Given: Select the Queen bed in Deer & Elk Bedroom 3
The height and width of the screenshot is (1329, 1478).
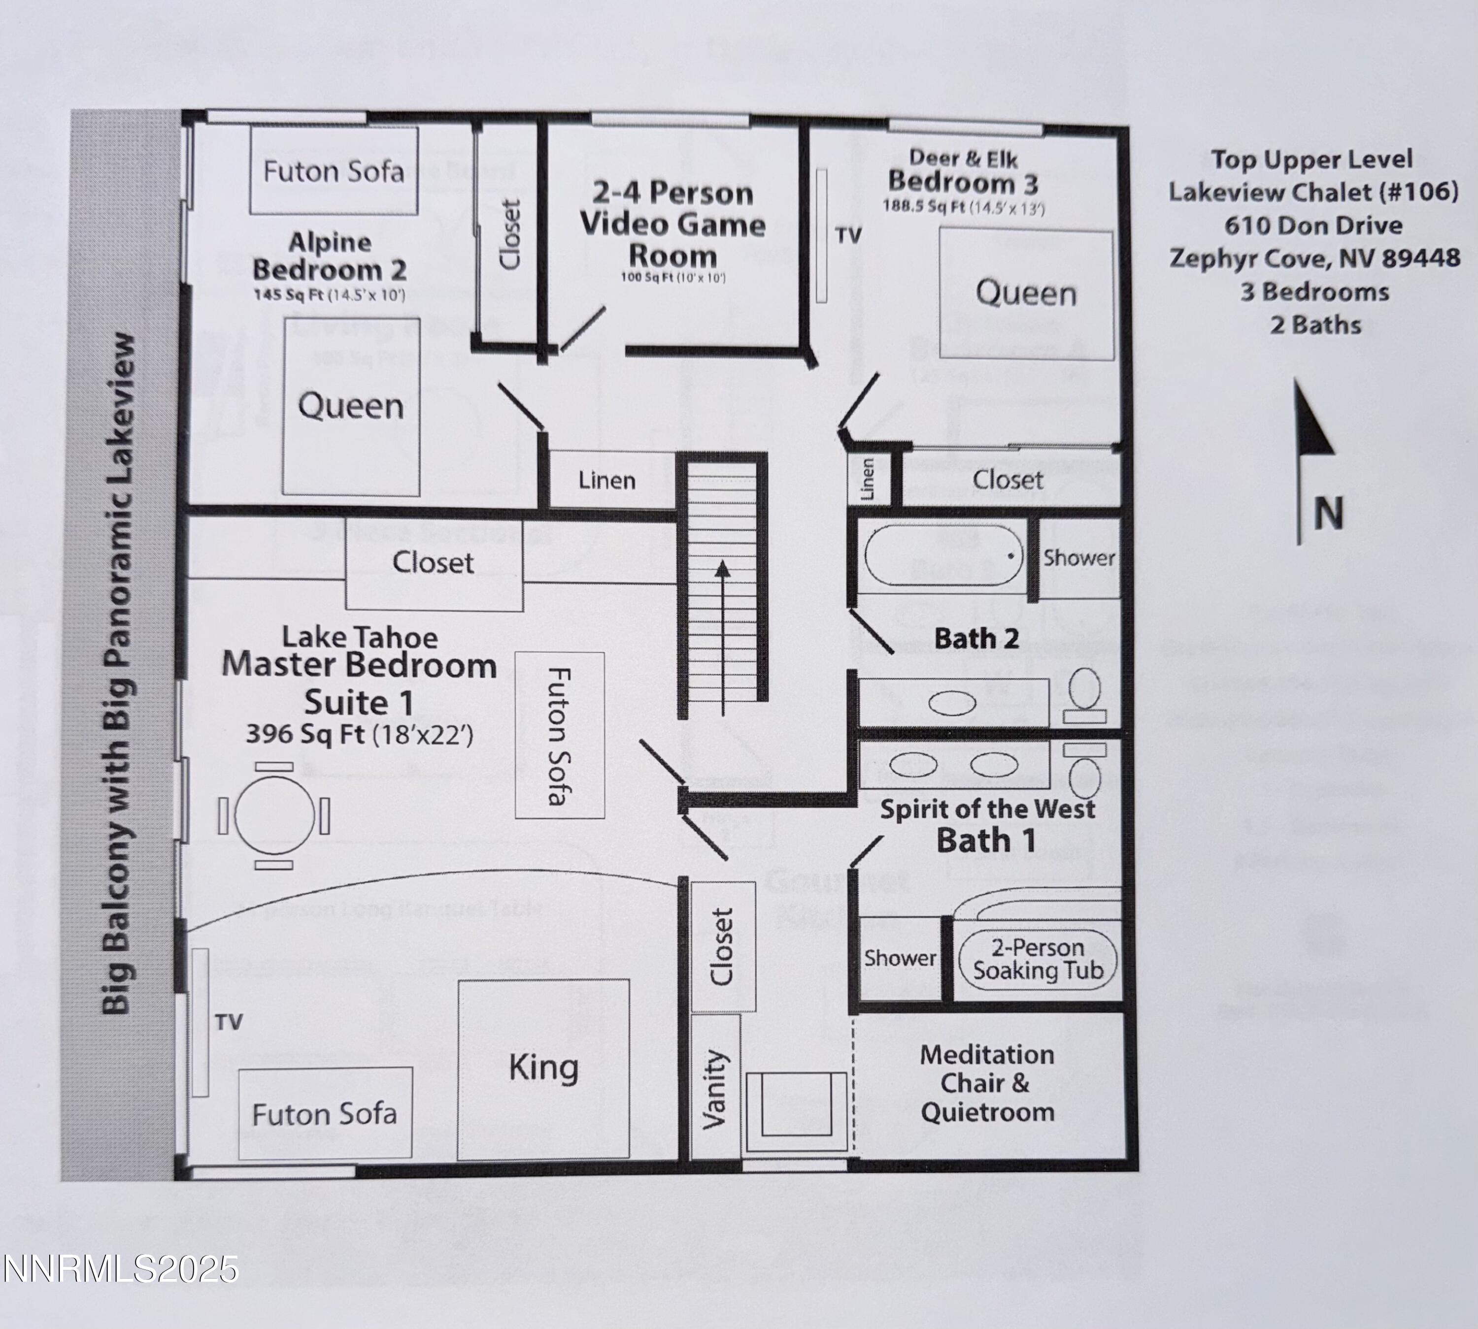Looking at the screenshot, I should pyautogui.click(x=1026, y=293).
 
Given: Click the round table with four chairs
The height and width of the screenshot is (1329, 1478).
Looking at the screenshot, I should pyautogui.click(x=274, y=815).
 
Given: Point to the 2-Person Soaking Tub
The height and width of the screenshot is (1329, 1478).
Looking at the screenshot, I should pyautogui.click(x=1038, y=960).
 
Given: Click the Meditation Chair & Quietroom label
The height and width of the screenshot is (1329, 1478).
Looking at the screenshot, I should pyautogui.click(x=987, y=1084).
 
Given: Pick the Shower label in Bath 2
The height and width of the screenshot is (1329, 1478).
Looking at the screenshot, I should pyautogui.click(x=1078, y=558).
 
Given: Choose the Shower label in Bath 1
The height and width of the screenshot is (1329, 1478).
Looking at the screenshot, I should pyautogui.click(x=900, y=958).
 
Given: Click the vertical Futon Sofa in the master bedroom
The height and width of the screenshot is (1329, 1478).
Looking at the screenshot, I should pyautogui.click(x=560, y=735).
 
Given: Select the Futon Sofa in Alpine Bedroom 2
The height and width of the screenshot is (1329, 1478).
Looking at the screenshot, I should pyautogui.click(x=333, y=171).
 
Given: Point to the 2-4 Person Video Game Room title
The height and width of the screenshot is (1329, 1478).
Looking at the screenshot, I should pyautogui.click(x=673, y=224).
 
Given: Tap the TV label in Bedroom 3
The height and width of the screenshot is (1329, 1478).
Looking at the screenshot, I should pyautogui.click(x=848, y=235).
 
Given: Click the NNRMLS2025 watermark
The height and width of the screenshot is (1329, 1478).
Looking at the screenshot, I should pyautogui.click(x=121, y=1269).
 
